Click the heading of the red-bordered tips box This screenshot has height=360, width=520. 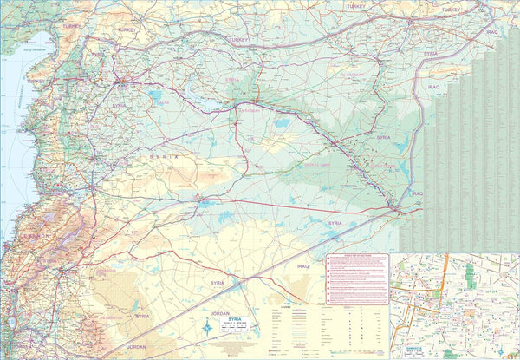point(357,258)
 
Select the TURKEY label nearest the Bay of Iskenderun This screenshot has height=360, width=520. point(69,28)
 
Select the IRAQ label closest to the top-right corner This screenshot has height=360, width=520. point(492,32)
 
